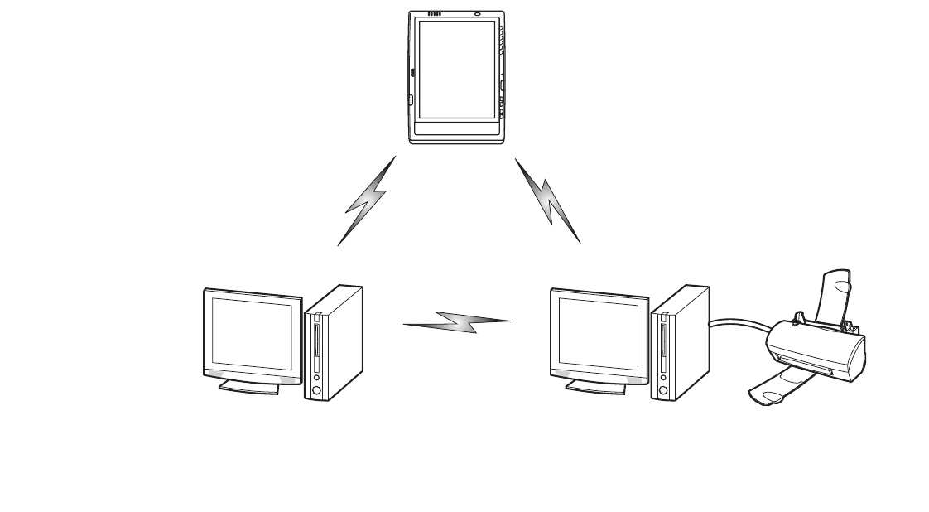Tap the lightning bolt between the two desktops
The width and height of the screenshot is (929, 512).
click(457, 321)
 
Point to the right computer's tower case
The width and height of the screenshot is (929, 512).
click(680, 344)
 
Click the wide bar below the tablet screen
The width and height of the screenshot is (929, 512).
click(455, 130)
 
